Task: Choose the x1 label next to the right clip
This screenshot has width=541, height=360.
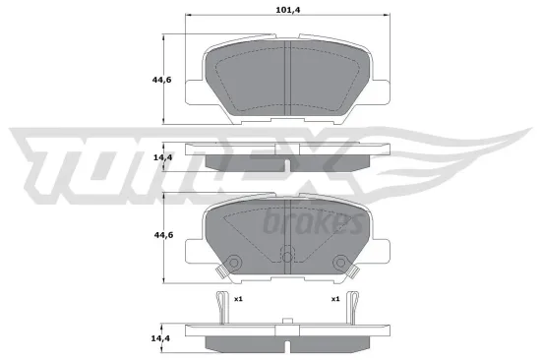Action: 335,300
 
